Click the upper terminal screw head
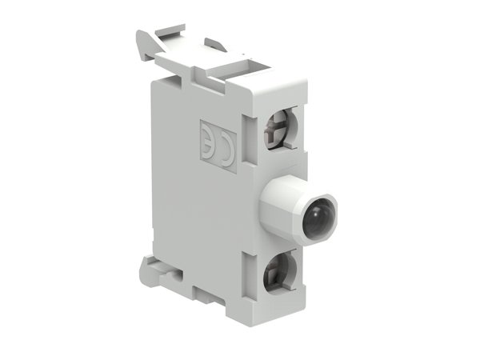(x=282, y=128)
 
